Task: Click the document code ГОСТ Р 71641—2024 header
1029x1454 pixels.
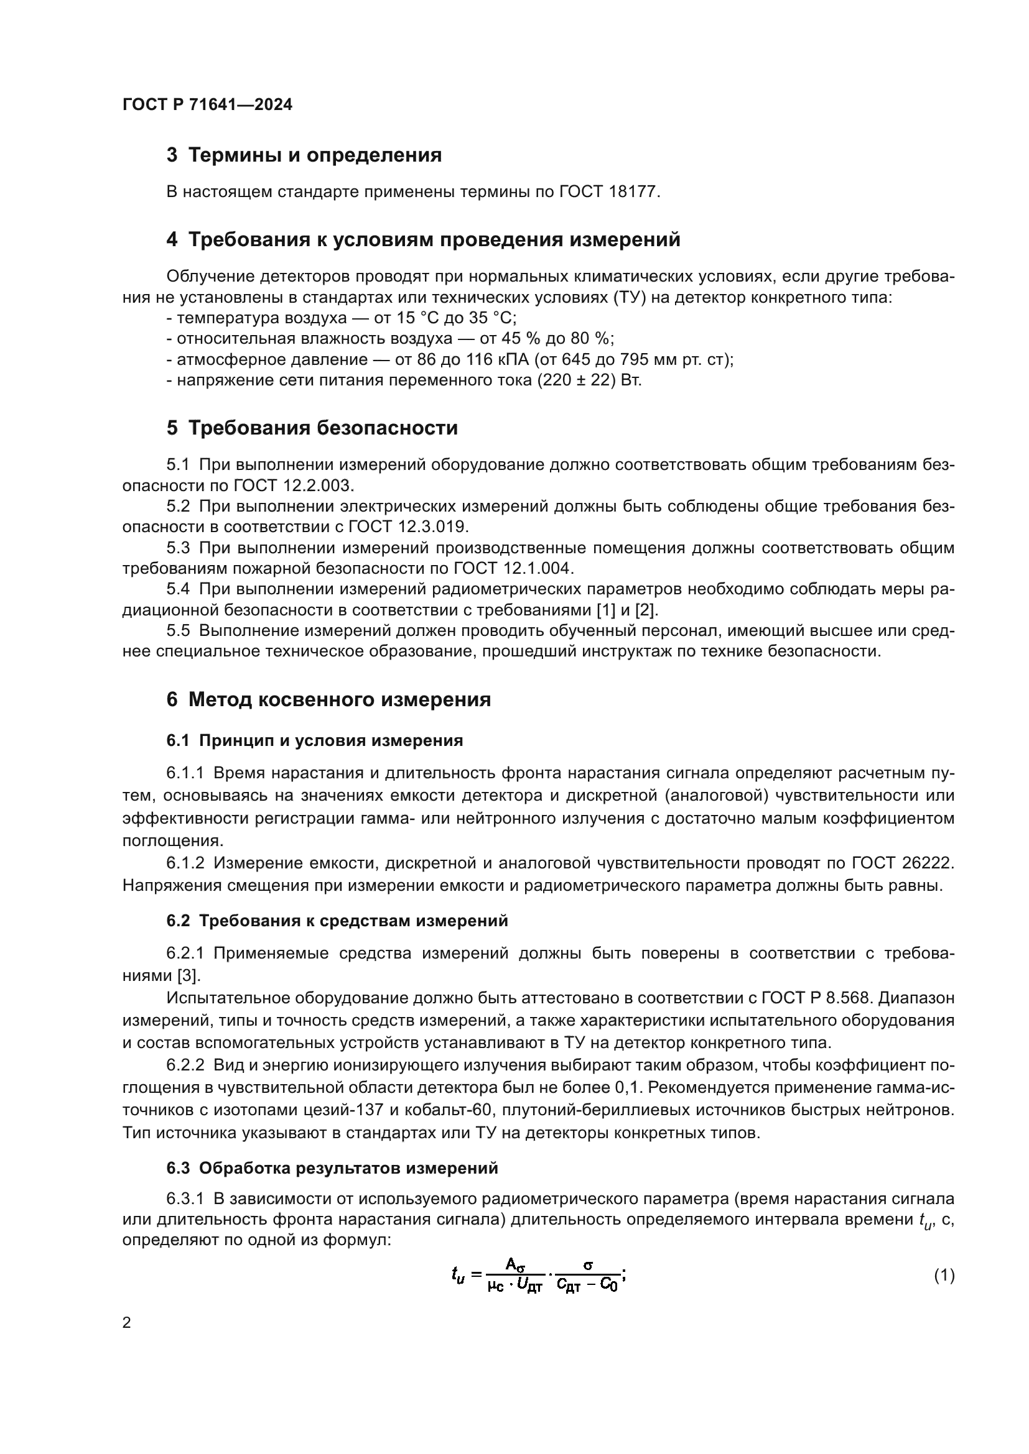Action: coord(207,105)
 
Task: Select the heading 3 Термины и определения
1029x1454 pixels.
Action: coord(304,155)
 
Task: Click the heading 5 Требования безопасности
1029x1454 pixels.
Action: coord(312,428)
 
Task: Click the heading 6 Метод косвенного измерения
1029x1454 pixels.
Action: coord(328,700)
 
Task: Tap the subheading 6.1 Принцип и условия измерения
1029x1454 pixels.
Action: coord(314,741)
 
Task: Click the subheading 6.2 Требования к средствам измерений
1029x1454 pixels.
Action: coord(337,921)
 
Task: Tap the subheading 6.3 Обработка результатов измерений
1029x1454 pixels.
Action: coord(332,1169)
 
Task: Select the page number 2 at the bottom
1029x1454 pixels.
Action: coord(127,1323)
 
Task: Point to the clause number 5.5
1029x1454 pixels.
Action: coord(178,631)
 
